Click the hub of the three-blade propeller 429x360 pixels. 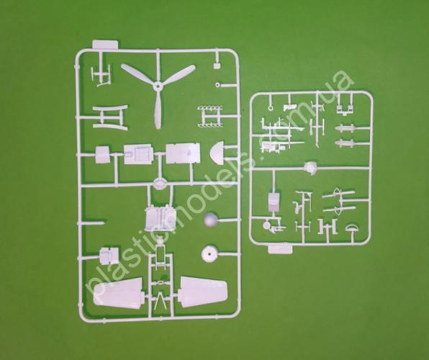point(157,87)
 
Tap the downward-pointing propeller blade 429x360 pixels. point(158,109)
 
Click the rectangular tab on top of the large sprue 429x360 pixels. point(105,45)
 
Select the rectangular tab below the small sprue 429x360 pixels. point(280,249)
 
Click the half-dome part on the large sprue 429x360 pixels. point(217,153)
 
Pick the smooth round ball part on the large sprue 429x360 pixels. point(211,220)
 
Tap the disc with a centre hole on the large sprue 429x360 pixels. point(209,253)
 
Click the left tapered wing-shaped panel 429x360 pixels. point(118,292)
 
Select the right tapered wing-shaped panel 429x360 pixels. point(203,292)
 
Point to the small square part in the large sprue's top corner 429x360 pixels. point(217,66)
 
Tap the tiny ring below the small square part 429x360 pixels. point(217,85)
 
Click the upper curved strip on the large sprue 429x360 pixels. point(109,108)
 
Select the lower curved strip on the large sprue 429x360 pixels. point(109,127)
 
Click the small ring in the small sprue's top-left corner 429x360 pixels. point(271,107)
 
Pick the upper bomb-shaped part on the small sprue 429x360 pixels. point(345,128)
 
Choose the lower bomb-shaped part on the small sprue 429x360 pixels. point(345,143)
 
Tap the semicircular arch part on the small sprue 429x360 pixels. point(352,228)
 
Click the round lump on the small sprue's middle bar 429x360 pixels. point(311,167)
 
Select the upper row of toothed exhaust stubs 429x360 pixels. point(210,108)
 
